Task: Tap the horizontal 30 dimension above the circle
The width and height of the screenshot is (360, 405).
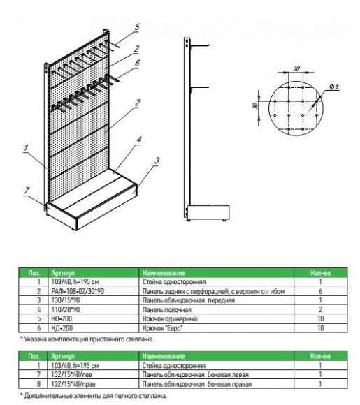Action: [297, 69]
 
